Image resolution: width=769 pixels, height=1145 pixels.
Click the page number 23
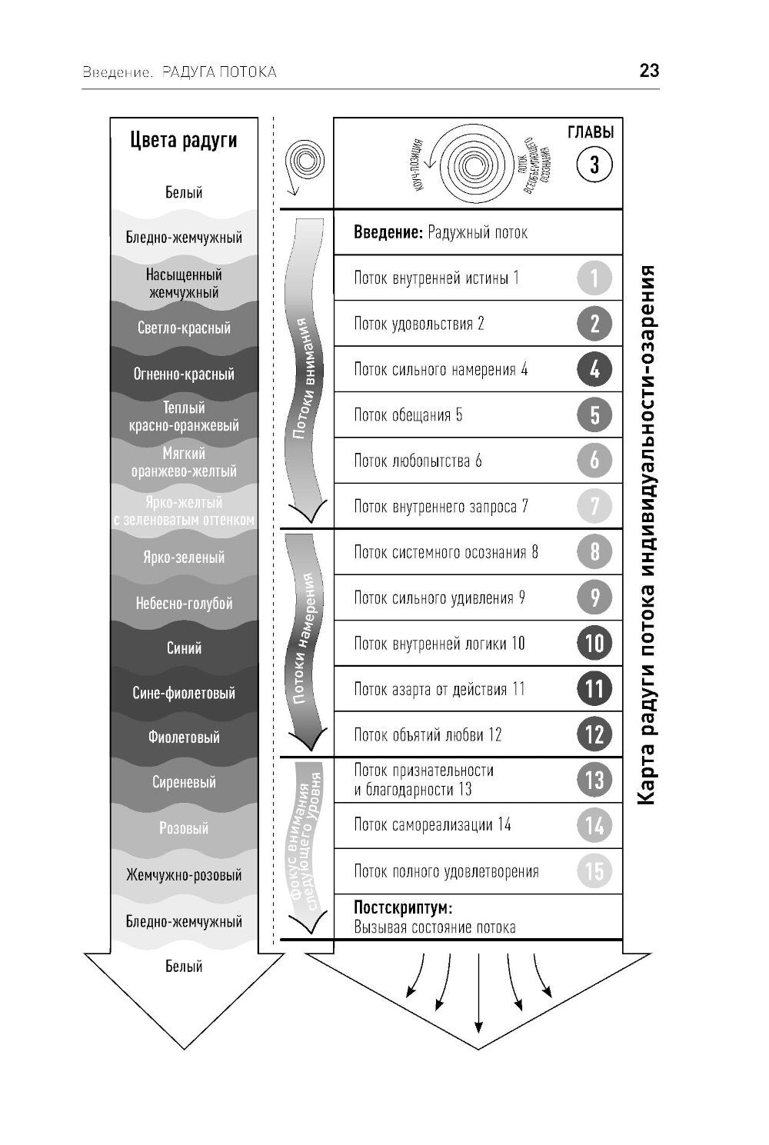[x=649, y=72]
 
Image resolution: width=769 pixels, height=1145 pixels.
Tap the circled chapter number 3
[x=594, y=165]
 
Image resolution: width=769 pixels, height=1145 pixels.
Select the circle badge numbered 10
[x=594, y=643]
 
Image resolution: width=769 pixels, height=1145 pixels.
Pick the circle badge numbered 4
[x=594, y=369]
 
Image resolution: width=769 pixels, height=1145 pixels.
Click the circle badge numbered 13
[x=594, y=780]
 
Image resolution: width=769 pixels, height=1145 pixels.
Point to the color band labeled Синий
[x=184, y=648]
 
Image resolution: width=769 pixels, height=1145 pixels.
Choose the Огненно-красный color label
[x=184, y=374]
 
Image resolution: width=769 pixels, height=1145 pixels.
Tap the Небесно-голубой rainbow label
[x=184, y=604]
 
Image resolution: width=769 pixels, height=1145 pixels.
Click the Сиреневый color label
[x=184, y=783]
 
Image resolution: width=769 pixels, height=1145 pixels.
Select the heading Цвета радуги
[x=184, y=141]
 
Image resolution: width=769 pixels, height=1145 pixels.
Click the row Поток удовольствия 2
[x=419, y=324]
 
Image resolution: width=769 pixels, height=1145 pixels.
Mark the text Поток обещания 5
[x=408, y=415]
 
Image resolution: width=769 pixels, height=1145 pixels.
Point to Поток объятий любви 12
[x=428, y=735]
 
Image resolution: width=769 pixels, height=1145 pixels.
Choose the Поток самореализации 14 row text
[x=432, y=825]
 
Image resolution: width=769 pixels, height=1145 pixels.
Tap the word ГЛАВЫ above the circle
[x=591, y=132]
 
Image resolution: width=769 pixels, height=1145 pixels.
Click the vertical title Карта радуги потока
[x=647, y=538]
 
